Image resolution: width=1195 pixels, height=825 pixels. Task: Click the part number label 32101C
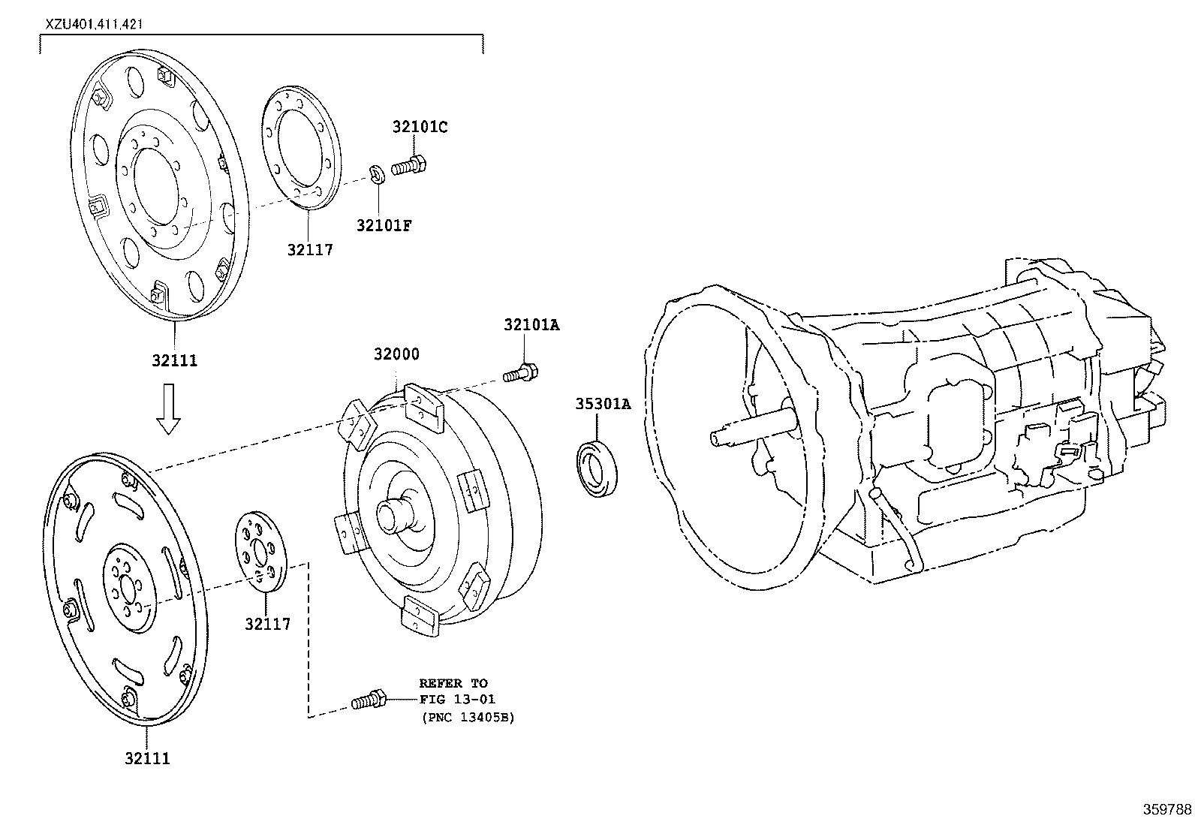(x=420, y=127)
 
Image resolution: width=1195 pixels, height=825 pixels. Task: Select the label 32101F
(x=384, y=224)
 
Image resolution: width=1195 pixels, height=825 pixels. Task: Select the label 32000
(x=396, y=354)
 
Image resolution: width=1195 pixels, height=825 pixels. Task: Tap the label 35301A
(x=603, y=404)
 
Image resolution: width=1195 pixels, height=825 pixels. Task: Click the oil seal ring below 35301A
(x=597, y=470)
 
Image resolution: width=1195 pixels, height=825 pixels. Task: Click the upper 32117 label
(x=309, y=249)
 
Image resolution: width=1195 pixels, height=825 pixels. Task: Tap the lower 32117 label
(x=267, y=623)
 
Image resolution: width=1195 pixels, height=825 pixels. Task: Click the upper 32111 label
(x=174, y=360)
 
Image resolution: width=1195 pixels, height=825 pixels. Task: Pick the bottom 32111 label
(x=148, y=759)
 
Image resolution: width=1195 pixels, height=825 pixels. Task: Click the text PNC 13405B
(x=467, y=718)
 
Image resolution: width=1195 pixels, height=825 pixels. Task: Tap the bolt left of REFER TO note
(x=369, y=702)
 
